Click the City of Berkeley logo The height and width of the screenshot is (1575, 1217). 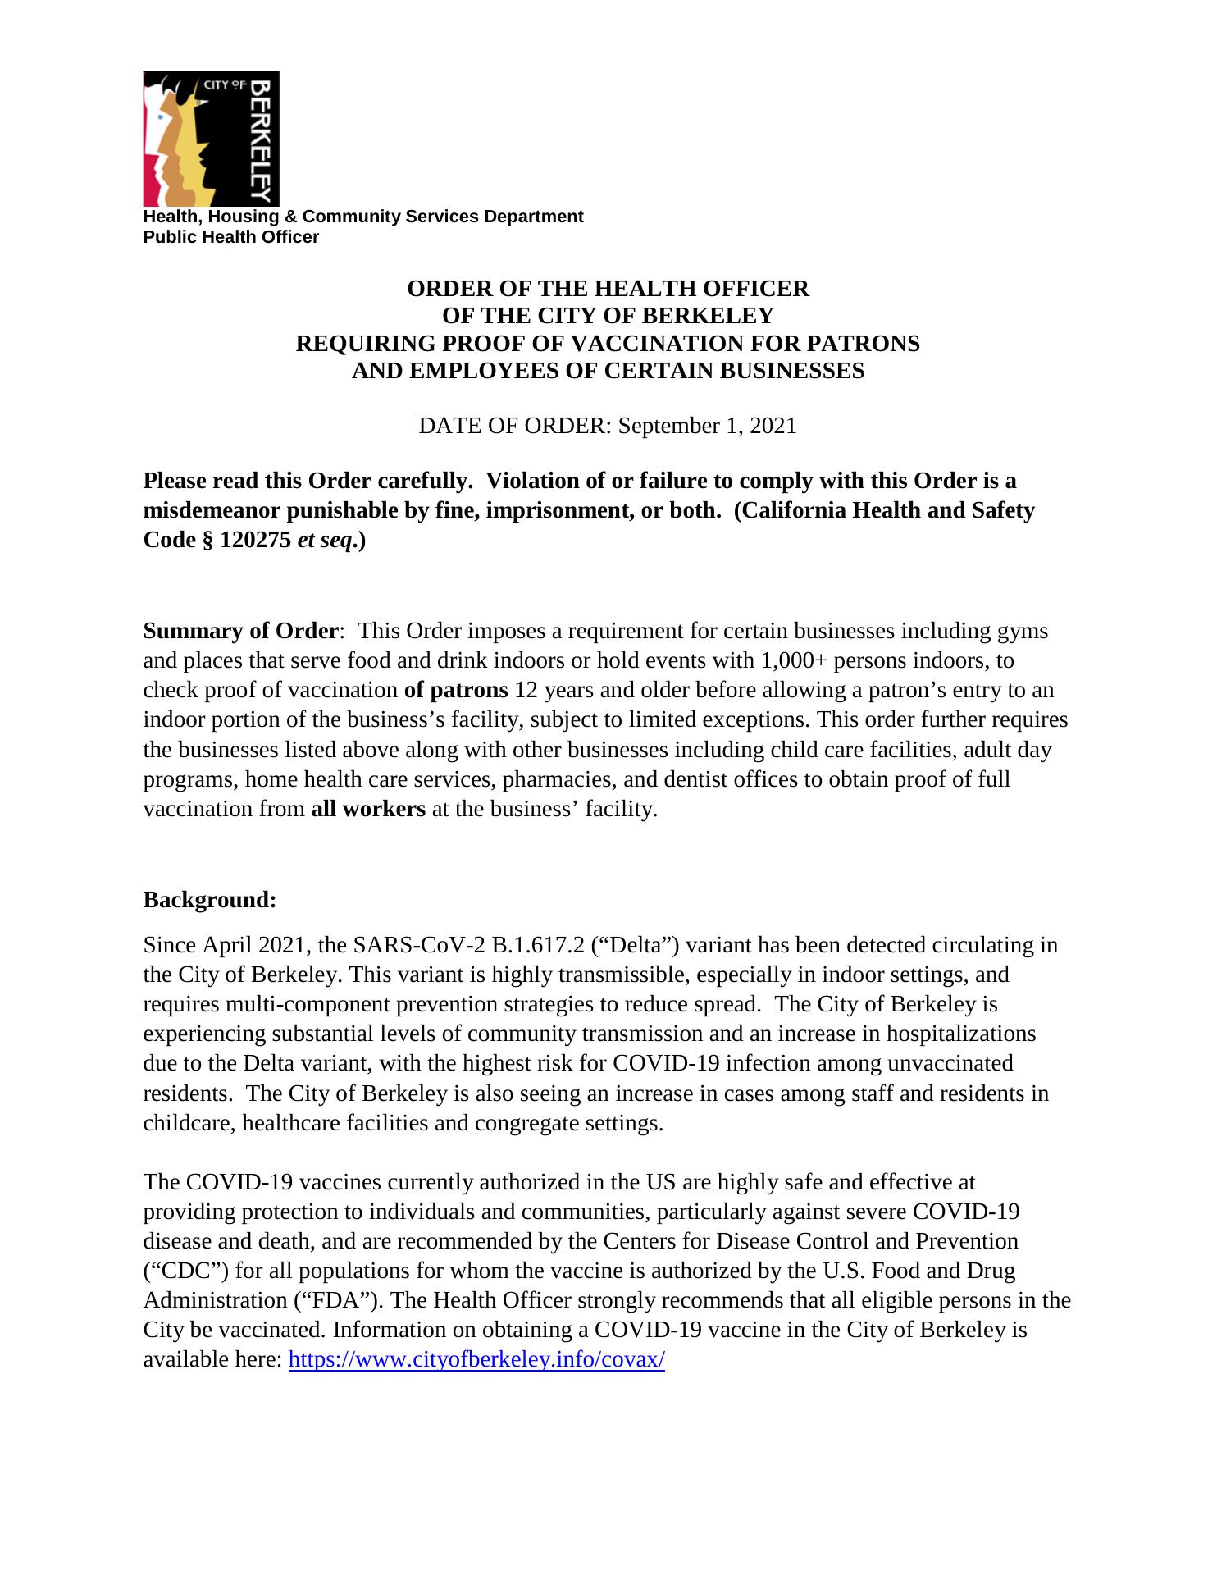pos(211,139)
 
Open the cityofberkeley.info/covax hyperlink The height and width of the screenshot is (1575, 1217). pos(476,1359)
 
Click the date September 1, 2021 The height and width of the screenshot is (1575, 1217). pos(707,426)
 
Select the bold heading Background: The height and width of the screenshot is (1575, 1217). pos(210,900)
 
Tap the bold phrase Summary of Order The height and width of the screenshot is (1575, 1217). pos(240,631)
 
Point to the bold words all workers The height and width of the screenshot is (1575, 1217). pos(368,809)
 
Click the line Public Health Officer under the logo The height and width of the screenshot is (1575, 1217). pos(231,237)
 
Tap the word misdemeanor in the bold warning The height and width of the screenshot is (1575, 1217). pos(212,511)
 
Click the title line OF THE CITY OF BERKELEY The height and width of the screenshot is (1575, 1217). pos(608,316)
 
